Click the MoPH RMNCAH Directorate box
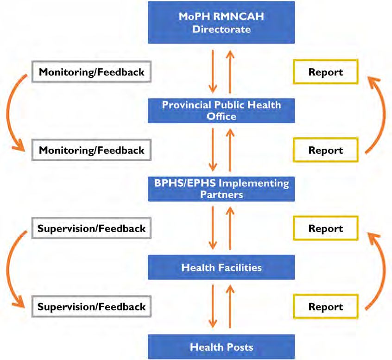(x=221, y=23)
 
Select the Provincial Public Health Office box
(x=221, y=110)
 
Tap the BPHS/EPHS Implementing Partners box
(x=221, y=189)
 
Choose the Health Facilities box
(x=221, y=267)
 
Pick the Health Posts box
(x=221, y=347)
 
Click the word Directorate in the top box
(x=221, y=29)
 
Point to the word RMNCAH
(x=239, y=16)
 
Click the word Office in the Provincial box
(x=221, y=116)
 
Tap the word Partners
(x=221, y=195)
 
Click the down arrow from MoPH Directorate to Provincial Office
(x=213, y=71)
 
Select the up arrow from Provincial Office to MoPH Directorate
(x=230, y=71)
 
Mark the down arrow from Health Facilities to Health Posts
(x=213, y=306)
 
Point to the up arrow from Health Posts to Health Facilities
(x=230, y=306)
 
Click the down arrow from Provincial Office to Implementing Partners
(x=213, y=150)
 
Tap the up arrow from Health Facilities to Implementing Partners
(x=230, y=228)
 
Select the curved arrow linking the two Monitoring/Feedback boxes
(x=7, y=113)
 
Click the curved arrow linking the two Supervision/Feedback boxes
(x=7, y=269)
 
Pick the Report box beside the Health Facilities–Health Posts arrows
(x=325, y=307)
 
